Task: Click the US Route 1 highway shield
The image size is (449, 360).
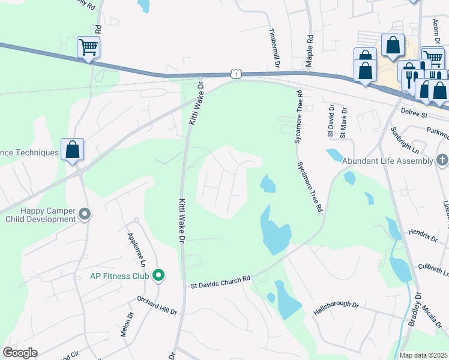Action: click(236, 73)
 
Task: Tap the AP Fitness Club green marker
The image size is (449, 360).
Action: click(158, 276)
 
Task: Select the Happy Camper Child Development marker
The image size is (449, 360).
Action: click(85, 214)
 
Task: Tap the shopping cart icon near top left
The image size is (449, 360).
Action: click(88, 47)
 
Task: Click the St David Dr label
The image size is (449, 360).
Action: click(330, 120)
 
